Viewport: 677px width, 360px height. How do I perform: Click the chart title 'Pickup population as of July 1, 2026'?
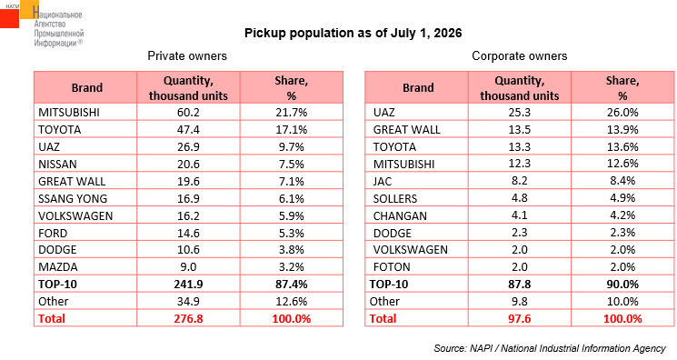click(353, 34)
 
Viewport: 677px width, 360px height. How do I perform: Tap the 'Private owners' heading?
click(187, 55)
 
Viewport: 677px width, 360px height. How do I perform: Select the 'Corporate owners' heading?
click(520, 55)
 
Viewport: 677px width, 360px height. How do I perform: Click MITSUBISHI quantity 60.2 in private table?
click(188, 113)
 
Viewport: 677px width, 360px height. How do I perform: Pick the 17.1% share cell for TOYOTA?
click(292, 130)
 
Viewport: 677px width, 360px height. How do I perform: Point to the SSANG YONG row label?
click(73, 199)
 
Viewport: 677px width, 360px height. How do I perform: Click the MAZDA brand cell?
click(58, 267)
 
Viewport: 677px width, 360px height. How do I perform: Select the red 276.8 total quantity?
click(188, 319)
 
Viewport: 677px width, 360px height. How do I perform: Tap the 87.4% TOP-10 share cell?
click(292, 285)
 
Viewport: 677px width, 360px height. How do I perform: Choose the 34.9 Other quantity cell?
click(188, 302)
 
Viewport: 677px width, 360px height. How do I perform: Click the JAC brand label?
click(383, 182)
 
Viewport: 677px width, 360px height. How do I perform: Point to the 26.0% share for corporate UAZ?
click(622, 113)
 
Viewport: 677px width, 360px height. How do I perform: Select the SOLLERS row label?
click(395, 199)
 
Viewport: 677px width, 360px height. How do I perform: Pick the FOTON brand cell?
click(392, 267)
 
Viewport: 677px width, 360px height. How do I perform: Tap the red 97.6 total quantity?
click(520, 319)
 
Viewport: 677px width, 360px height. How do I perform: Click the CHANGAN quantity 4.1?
click(520, 215)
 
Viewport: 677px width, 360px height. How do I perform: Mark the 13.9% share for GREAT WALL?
click(622, 130)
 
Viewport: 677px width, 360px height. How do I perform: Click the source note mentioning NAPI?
click(550, 348)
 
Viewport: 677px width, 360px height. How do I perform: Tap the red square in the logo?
click(9, 18)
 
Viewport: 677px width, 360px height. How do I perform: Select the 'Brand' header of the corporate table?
click(418, 88)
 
